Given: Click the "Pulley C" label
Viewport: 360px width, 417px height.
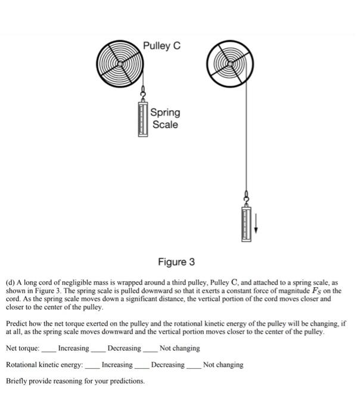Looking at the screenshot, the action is [x=162, y=46].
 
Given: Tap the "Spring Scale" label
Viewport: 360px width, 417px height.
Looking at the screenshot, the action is [x=165, y=118].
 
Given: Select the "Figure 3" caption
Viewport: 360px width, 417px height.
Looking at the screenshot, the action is [x=176, y=262].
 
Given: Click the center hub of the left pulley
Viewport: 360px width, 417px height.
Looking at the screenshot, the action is [x=121, y=63].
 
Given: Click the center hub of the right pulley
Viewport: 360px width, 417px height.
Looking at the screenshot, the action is [x=230, y=62].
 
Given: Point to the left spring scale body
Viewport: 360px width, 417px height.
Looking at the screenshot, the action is [x=143, y=119].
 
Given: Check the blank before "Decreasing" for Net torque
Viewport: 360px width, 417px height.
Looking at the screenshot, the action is [x=99, y=348].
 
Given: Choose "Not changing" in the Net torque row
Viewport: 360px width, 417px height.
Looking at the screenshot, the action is [x=179, y=348].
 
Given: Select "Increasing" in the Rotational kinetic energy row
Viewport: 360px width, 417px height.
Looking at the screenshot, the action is [x=117, y=365].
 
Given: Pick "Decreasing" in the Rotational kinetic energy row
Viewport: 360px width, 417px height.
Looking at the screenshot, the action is [x=167, y=365].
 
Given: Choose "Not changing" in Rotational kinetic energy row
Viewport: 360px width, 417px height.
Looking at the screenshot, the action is [x=223, y=365].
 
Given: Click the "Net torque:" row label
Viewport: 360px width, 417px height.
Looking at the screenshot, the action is [x=23, y=348].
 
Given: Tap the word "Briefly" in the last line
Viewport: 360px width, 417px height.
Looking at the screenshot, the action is [x=18, y=381].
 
